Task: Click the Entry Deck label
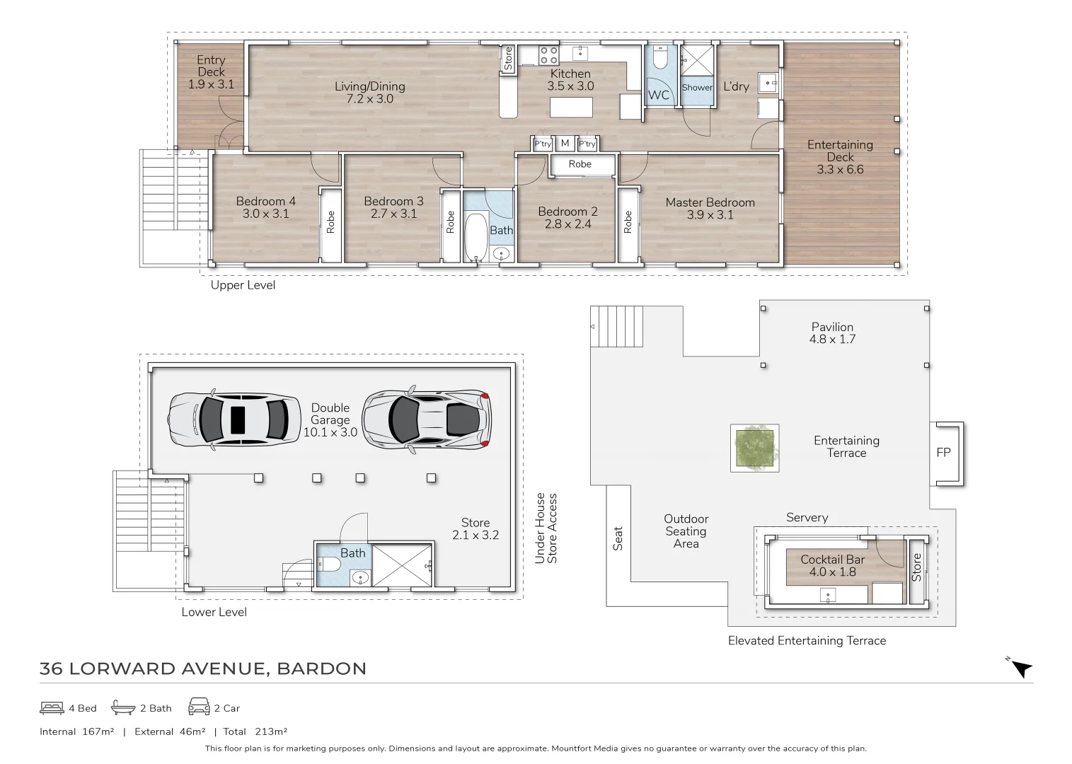tap(211, 66)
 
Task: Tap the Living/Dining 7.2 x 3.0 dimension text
tap(369, 99)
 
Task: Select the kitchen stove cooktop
tap(548, 55)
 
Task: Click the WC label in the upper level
tap(658, 95)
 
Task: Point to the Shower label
tap(697, 88)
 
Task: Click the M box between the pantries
tap(565, 144)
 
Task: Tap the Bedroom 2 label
tap(567, 212)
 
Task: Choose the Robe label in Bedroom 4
tap(330, 223)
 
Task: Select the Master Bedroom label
tap(710, 202)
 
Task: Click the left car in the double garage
tap(234, 419)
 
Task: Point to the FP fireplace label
tap(943, 453)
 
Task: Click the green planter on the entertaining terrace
tap(755, 448)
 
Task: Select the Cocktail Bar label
tap(832, 560)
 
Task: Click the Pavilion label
tap(832, 327)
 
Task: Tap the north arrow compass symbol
tap(1021, 668)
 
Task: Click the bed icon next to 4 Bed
tap(52, 707)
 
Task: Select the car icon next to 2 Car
tap(198, 707)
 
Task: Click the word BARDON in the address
tap(321, 668)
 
